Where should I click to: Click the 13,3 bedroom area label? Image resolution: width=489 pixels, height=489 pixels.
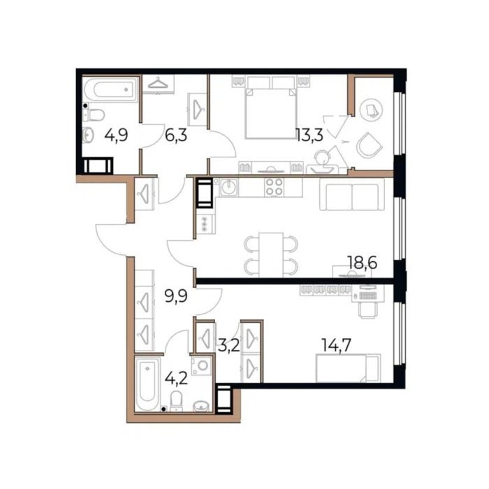coord(309,136)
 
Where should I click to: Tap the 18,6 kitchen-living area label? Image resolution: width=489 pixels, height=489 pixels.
coord(362,263)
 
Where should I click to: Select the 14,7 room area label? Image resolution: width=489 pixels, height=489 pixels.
coord(336,345)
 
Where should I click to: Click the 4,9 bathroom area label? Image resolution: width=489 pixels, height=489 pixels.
coord(116,136)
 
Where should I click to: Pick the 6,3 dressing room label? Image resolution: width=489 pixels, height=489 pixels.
coord(176,136)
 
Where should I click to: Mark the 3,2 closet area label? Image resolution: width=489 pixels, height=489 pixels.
coord(228,346)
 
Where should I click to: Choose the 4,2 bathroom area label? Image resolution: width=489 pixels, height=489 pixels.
coord(176,379)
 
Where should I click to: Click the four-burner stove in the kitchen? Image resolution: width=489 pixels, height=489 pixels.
coord(274,187)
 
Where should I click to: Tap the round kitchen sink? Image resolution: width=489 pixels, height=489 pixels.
coord(229,187)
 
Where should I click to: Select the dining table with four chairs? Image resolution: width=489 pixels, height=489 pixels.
coord(271,254)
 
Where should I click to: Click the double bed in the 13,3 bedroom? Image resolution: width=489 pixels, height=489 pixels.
coord(271,113)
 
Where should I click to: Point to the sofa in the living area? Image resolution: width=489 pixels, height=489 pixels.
coord(352,197)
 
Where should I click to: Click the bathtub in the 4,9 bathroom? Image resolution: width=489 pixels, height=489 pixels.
coord(111,89)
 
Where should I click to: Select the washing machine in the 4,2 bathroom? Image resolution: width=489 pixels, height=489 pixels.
coord(201,365)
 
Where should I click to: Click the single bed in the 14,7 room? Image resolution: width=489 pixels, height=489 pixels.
coord(348,368)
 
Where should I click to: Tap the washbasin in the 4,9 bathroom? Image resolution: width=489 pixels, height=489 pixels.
coord(88,135)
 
